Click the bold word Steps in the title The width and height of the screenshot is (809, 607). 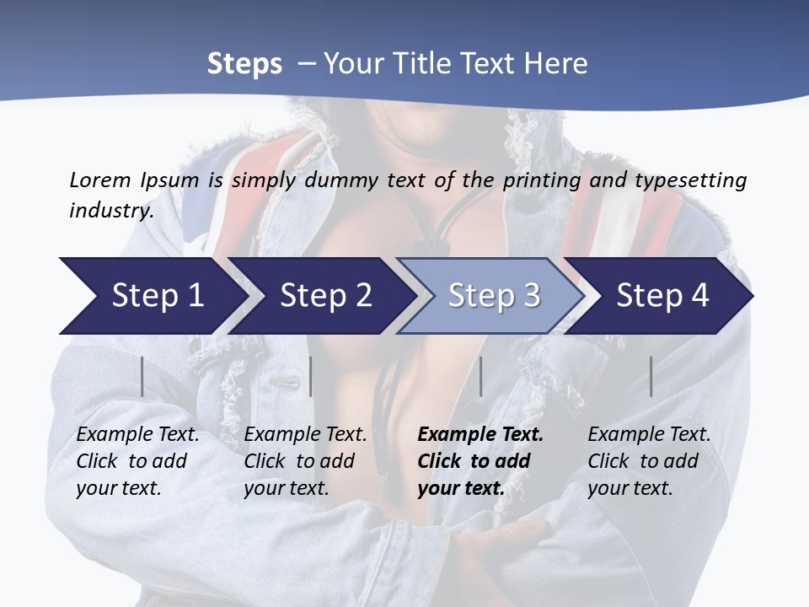244,63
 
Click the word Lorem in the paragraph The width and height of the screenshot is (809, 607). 100,180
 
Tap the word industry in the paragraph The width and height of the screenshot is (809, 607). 111,210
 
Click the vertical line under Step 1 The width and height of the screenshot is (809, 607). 142,376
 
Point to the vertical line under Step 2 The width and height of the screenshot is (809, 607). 311,376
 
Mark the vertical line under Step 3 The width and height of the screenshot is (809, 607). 480,376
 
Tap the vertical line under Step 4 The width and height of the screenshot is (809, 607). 651,376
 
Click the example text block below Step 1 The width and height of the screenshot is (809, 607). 137,461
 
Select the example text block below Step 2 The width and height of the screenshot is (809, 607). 305,461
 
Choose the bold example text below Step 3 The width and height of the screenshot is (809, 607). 480,461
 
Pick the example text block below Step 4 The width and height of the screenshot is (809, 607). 649,461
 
